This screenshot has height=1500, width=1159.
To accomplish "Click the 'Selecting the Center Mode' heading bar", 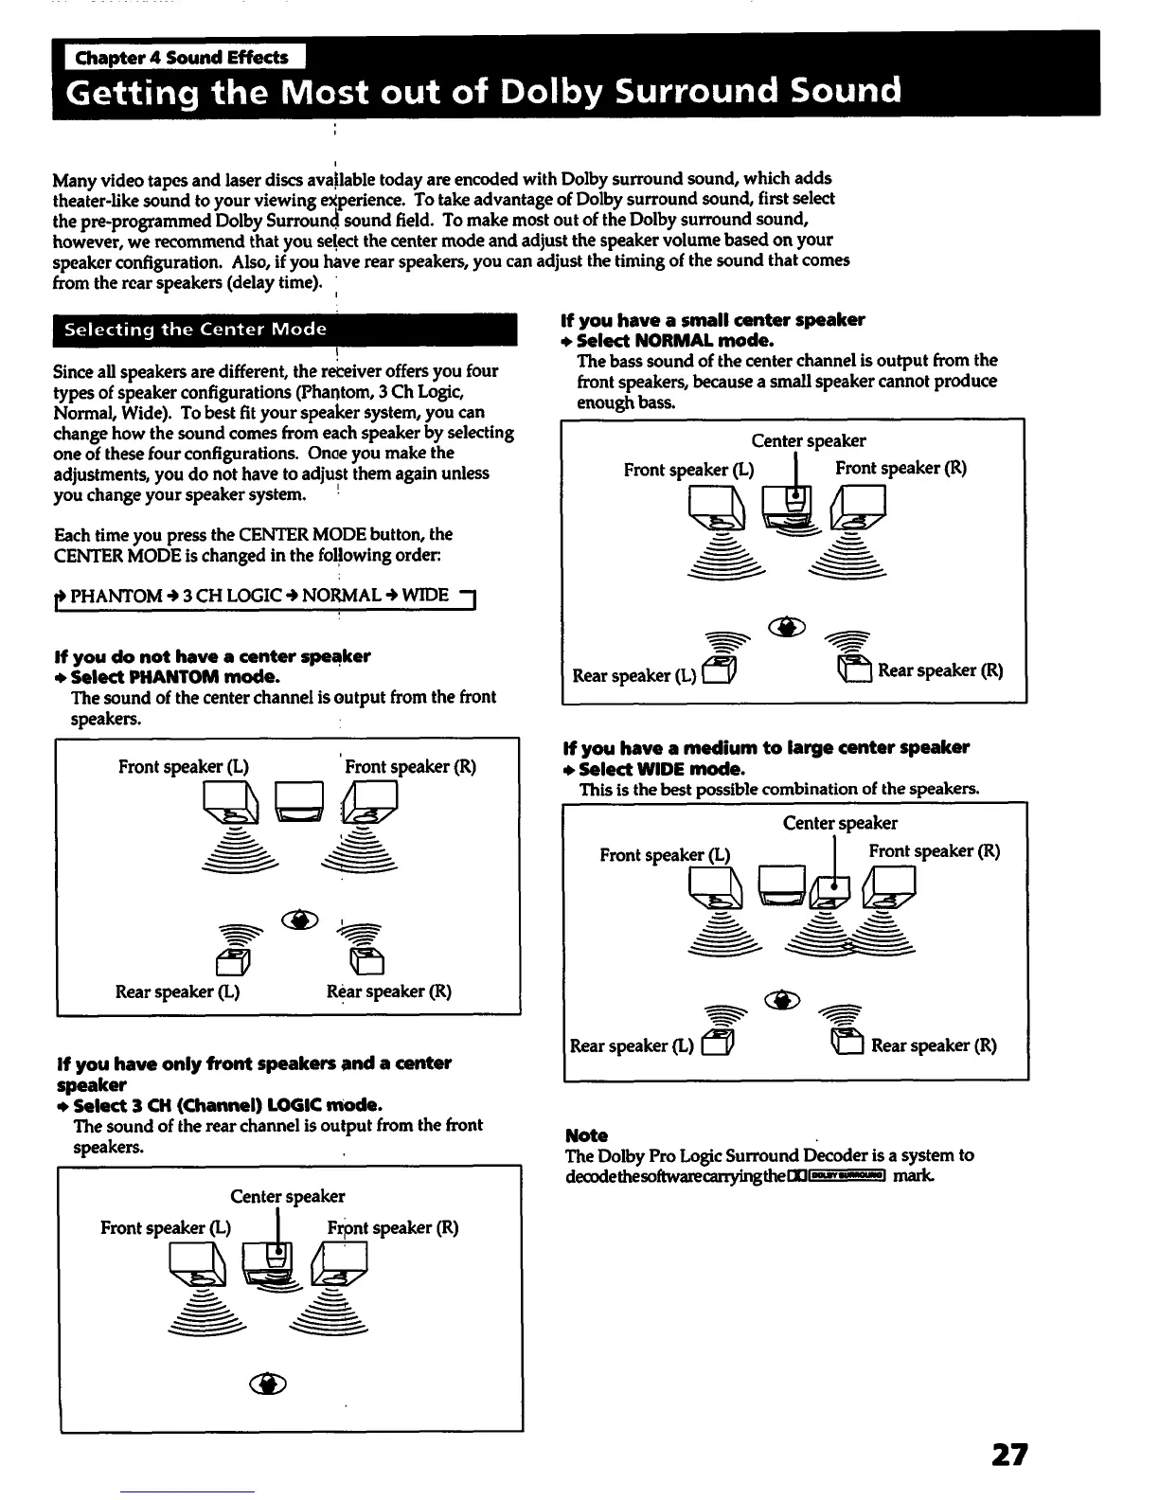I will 284,330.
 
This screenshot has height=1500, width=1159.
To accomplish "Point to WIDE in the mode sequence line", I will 425,596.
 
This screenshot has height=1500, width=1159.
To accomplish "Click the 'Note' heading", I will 586,1134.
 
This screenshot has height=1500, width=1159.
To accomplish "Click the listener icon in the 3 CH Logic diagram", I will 268,1384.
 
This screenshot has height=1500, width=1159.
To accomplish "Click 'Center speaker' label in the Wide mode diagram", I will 840,823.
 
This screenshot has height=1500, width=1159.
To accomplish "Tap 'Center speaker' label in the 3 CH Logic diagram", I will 288,1196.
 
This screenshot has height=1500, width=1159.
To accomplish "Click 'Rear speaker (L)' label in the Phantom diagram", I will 177,991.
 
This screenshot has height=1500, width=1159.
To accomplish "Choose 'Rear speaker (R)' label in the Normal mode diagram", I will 940,670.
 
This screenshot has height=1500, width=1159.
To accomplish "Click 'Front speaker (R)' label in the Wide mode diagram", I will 934,850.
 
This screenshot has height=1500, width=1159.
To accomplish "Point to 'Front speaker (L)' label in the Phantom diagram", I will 184,766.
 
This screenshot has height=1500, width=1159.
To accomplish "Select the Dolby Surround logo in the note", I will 841,1176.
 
